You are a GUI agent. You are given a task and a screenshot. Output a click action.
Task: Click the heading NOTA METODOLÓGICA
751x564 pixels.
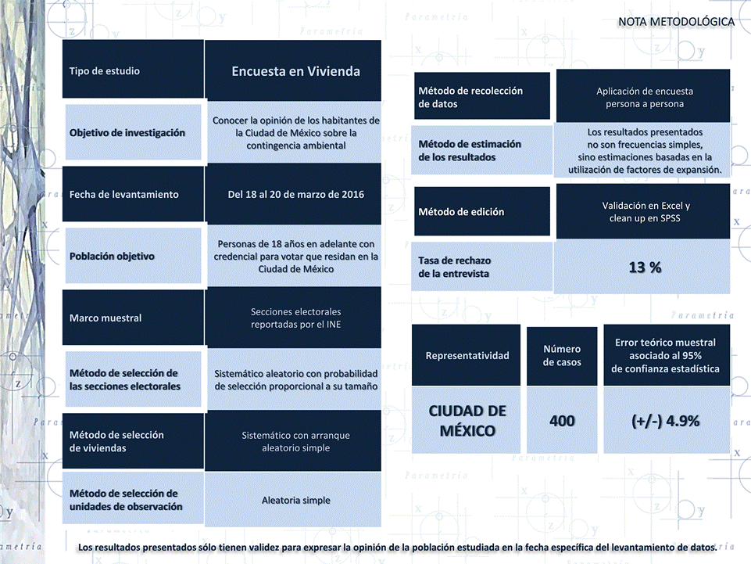pyautogui.click(x=676, y=22)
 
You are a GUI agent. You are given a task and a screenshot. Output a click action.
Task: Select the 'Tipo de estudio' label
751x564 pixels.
pyautogui.click(x=105, y=71)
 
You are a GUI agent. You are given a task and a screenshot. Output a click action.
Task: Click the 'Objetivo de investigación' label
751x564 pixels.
pyautogui.click(x=127, y=133)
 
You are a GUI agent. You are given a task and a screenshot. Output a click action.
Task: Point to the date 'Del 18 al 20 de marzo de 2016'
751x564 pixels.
pyautogui.click(x=295, y=194)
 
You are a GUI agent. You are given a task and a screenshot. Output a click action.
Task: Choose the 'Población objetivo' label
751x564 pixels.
pyautogui.click(x=112, y=256)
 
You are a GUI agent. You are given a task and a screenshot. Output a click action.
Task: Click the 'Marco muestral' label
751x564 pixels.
pyautogui.click(x=105, y=318)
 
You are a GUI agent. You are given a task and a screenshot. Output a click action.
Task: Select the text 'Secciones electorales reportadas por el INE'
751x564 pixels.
pyautogui.click(x=295, y=318)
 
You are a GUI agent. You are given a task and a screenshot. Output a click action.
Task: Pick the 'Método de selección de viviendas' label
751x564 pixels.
pyautogui.click(x=116, y=441)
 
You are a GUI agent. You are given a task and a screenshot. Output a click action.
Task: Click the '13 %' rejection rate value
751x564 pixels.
pyautogui.click(x=645, y=267)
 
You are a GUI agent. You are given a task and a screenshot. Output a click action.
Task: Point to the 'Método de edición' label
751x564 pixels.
pyautogui.click(x=461, y=211)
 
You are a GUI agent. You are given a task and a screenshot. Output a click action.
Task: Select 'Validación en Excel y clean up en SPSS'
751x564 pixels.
pyautogui.click(x=646, y=211)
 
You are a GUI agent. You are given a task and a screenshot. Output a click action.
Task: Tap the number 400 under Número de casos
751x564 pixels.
pyautogui.click(x=562, y=421)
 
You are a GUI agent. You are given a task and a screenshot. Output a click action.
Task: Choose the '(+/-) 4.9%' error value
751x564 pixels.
pyautogui.click(x=665, y=421)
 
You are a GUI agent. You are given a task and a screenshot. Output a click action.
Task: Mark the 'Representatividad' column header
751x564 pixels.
pyautogui.click(x=467, y=355)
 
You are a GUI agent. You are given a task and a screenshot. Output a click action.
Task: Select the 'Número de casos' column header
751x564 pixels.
pyautogui.click(x=562, y=355)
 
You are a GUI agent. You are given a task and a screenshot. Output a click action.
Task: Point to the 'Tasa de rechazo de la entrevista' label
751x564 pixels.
pyautogui.click(x=454, y=267)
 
